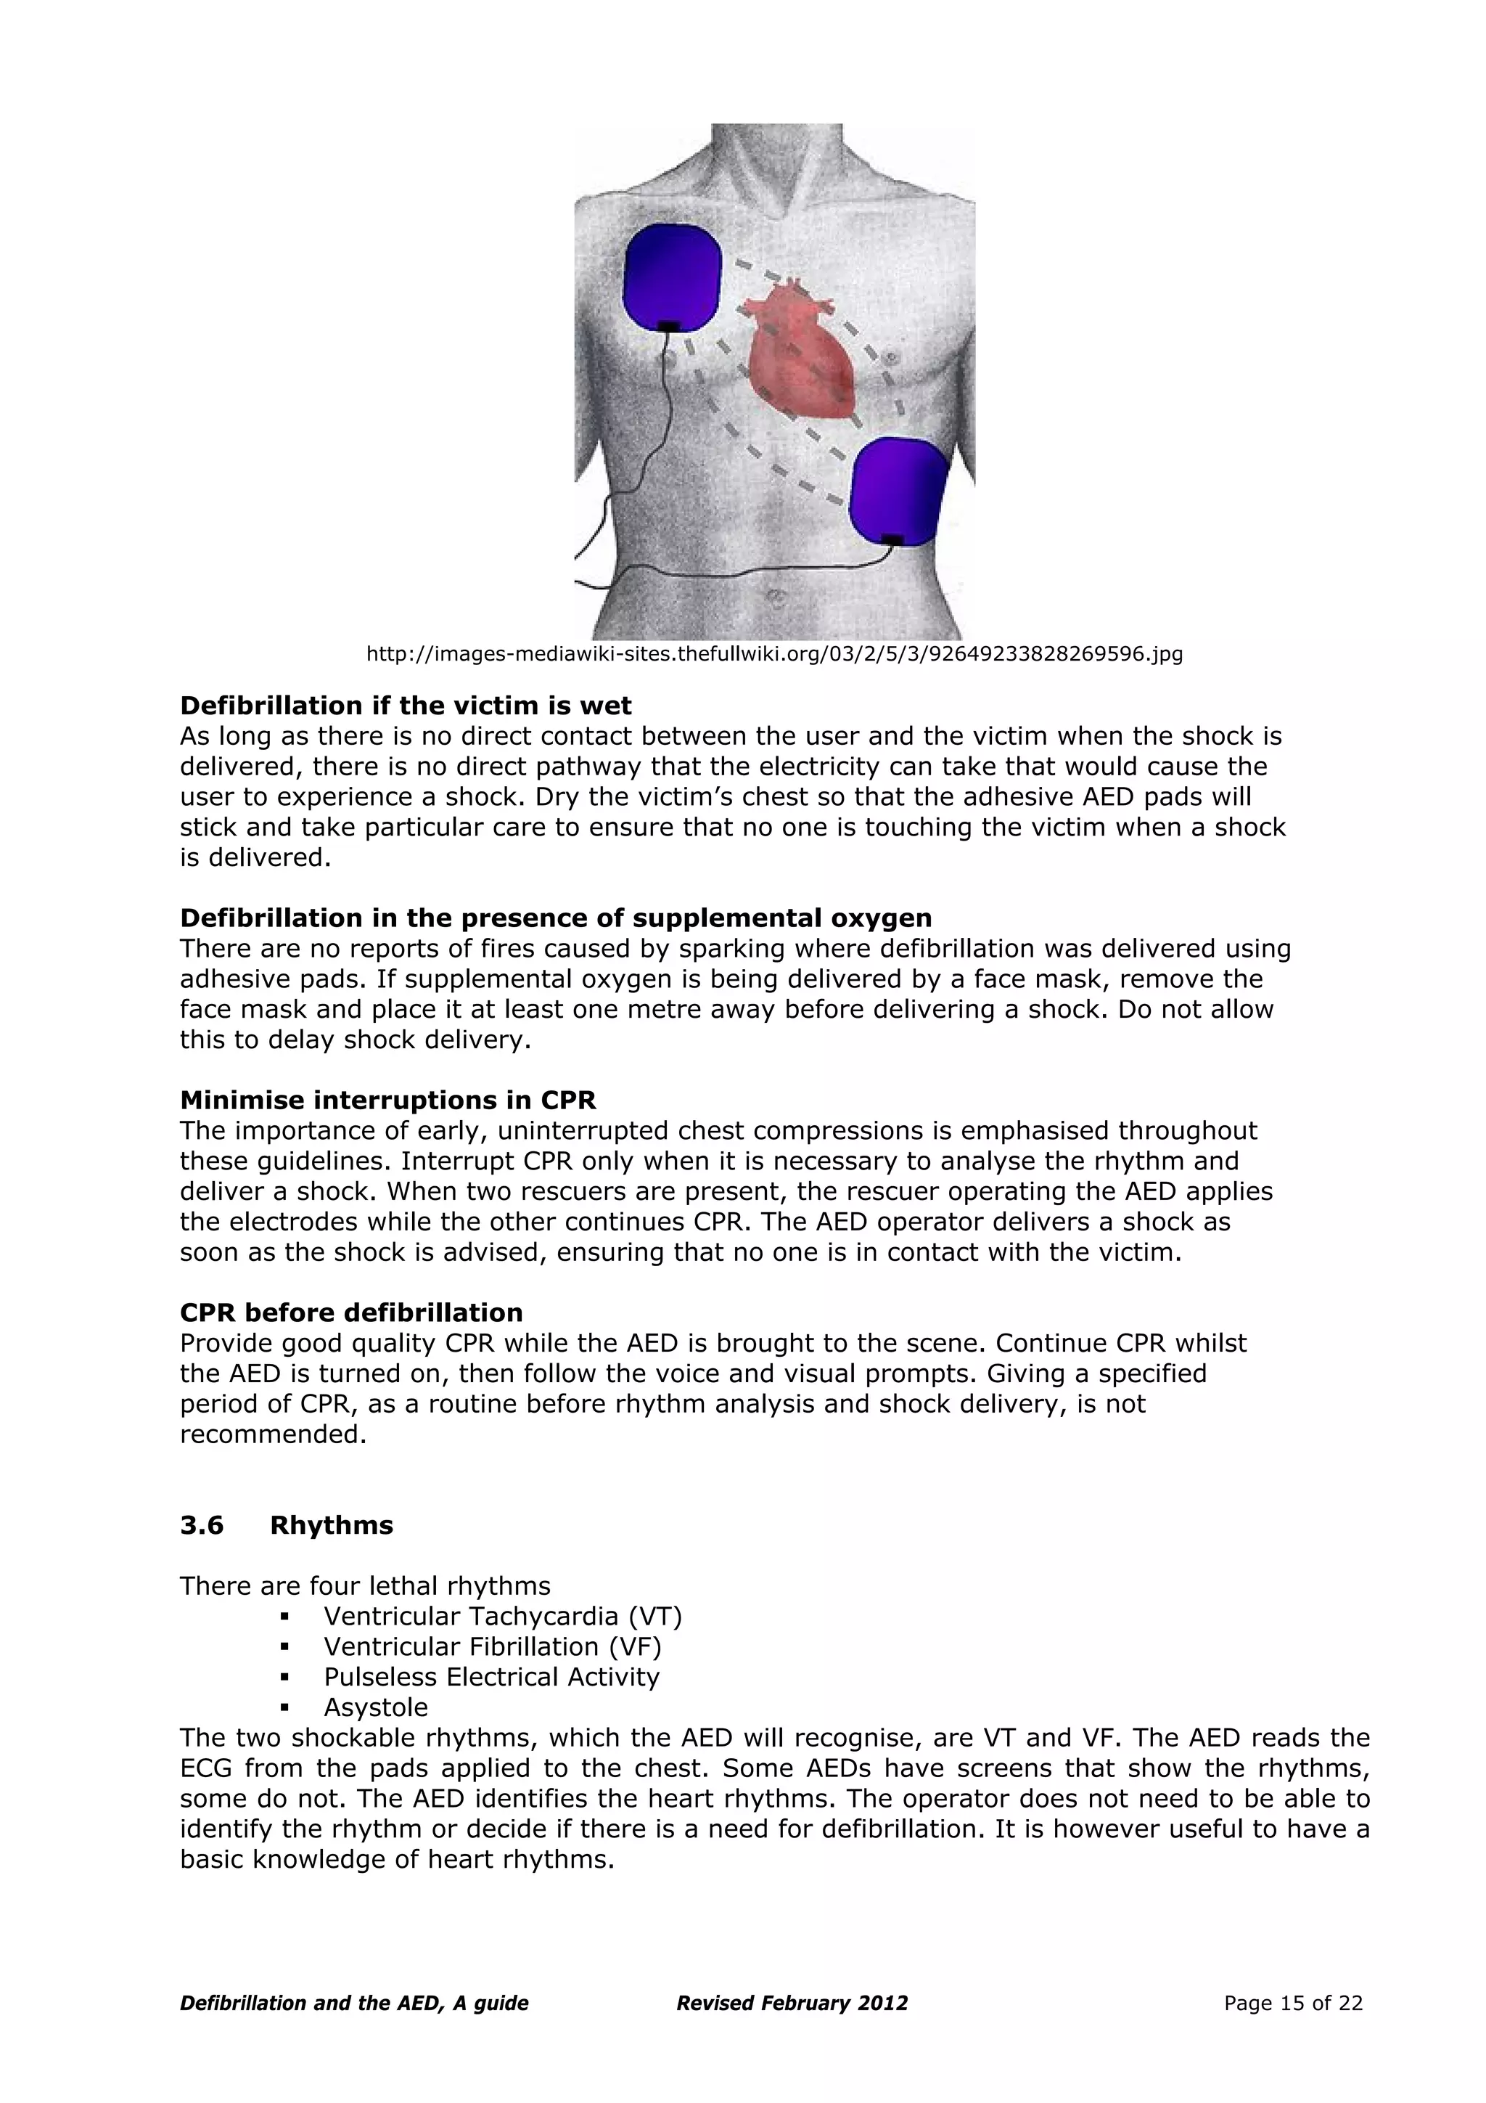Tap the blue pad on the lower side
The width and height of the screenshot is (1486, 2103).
pos(898,489)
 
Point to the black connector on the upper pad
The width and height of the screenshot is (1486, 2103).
pos(669,326)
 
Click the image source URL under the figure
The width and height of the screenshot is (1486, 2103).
pos(773,654)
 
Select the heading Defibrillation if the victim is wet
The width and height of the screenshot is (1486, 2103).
pos(406,706)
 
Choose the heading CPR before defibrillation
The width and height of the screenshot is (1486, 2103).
pos(352,1312)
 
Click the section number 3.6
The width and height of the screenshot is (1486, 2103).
pos(202,1525)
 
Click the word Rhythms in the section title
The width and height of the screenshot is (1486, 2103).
pos(332,1525)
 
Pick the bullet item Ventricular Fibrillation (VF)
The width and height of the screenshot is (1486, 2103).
pos(493,1646)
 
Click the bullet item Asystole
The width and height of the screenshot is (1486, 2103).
pos(375,1707)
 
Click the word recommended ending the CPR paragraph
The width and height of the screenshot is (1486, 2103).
pos(273,1434)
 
